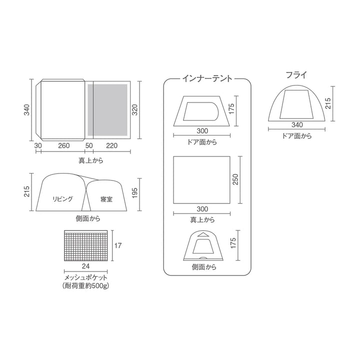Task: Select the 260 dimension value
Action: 64,145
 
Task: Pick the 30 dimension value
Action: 38,145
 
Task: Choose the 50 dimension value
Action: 89,145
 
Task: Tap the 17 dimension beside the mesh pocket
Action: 118,245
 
